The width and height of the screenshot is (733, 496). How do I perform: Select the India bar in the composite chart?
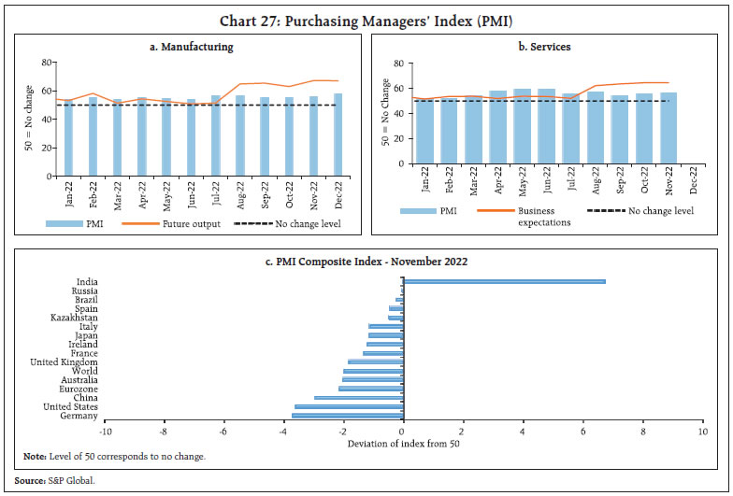pyautogui.click(x=504, y=281)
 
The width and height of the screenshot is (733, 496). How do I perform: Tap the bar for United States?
pyautogui.click(x=349, y=406)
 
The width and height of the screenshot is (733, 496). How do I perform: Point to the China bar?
pyautogui.click(x=358, y=398)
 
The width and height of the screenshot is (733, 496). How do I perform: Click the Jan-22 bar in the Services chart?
pyautogui.click(x=425, y=132)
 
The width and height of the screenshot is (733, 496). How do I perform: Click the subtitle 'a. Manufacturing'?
pyautogui.click(x=193, y=46)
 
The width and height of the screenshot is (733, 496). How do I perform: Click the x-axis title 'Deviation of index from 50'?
pyautogui.click(x=402, y=443)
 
